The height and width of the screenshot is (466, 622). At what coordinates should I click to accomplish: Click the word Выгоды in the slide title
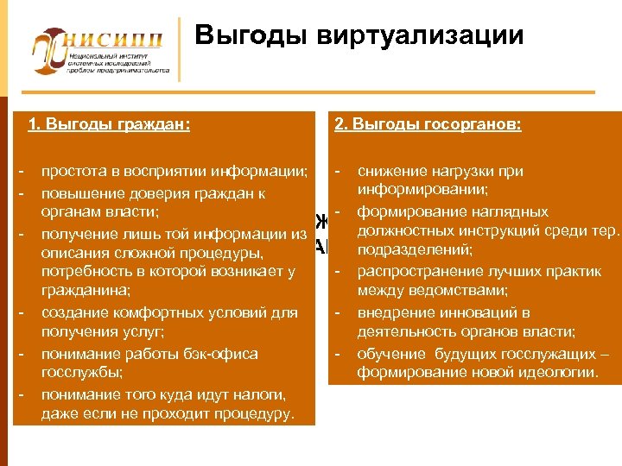coord(251,36)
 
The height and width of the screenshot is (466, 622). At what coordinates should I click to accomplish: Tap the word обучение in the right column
coord(390,353)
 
